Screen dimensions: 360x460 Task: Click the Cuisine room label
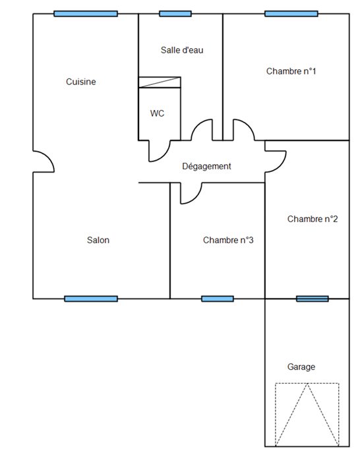pos(80,82)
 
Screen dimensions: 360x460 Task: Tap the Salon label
pos(98,240)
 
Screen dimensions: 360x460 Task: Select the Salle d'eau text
pos(182,50)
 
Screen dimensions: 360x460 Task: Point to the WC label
pos(157,113)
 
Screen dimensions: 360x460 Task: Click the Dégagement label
pos(206,166)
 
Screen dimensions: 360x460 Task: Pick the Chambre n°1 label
pos(291,71)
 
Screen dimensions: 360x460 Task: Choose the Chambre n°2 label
pos(313,219)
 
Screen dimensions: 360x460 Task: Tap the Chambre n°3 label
pos(228,240)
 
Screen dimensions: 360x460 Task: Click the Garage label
pos(301,366)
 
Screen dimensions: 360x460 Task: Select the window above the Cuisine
pos(86,14)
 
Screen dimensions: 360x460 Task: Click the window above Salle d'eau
pos(175,14)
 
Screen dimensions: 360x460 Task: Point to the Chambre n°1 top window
pos(291,14)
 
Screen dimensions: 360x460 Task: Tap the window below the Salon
pos(91,299)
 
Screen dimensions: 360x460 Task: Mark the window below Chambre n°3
pos(218,299)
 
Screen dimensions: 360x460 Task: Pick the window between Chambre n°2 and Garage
pos(312,299)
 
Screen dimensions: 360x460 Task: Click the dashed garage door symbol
pos(307,415)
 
